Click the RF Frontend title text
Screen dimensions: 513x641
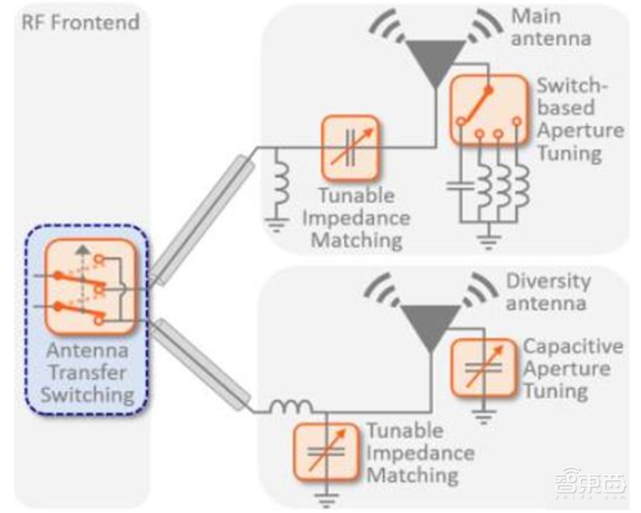pyautogui.click(x=79, y=21)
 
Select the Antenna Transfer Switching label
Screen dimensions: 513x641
pyautogui.click(x=89, y=371)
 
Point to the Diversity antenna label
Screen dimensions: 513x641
pyautogui.click(x=548, y=292)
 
